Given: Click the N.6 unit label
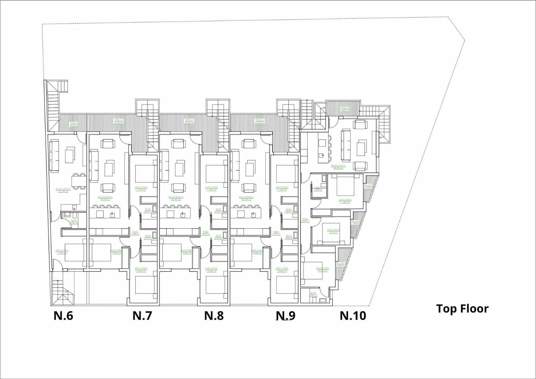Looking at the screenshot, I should (63, 316).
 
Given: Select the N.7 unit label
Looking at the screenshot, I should (142, 316).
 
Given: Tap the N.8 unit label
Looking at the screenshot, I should (214, 316).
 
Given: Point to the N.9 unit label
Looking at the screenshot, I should (285, 316).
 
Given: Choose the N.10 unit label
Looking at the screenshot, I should (353, 316).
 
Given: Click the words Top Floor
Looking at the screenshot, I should (462, 308).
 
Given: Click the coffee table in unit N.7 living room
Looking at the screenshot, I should (110, 168).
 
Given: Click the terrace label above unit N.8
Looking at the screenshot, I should (188, 121).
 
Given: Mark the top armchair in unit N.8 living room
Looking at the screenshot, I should (178, 143).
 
